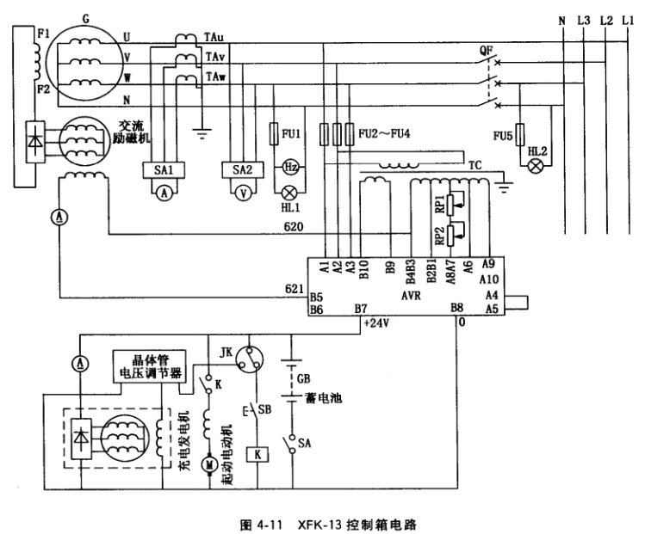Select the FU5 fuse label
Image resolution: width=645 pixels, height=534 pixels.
pos(502,135)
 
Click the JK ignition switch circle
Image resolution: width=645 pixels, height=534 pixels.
pos(250,358)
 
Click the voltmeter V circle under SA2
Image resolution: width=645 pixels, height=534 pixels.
pos(241,194)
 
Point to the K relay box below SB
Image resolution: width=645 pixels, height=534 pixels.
pos(254,455)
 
